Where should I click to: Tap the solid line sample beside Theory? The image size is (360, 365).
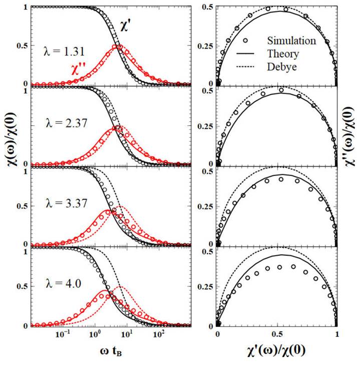pos(244,54)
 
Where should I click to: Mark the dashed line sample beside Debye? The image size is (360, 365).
pos(244,67)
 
